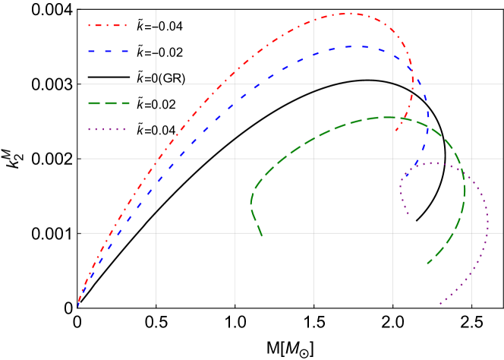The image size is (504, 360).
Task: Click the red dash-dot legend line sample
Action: [107, 26]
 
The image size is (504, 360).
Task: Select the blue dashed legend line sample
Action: [107, 52]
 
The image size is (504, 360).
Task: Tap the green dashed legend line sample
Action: [107, 103]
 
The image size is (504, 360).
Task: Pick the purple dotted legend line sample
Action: [107, 129]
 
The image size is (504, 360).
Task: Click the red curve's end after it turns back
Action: [395, 131]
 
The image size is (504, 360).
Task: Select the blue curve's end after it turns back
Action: [405, 178]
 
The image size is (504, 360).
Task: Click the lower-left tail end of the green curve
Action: [262, 235]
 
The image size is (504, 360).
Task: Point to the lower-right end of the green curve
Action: [427, 264]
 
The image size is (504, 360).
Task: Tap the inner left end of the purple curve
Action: [408, 214]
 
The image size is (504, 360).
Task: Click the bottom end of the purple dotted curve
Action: [439, 304]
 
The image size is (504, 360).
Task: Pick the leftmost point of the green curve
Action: [250, 204]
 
